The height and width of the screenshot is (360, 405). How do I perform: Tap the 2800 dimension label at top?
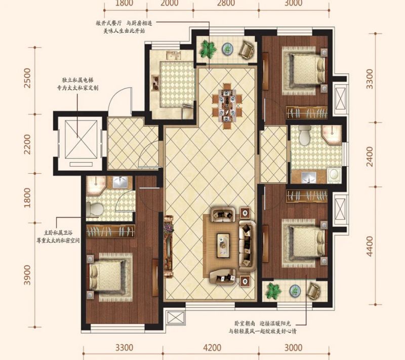tap(226, 3)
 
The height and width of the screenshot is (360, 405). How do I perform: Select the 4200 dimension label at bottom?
tap(212, 348)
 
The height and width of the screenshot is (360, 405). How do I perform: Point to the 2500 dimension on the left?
tap(27, 78)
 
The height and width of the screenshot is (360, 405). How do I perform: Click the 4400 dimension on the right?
tap(370, 246)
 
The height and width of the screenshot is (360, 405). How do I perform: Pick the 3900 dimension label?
tap(27, 275)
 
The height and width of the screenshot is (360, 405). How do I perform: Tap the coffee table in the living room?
tap(223, 246)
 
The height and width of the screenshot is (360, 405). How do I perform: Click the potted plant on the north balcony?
tap(208, 49)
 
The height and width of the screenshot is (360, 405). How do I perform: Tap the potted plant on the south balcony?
tap(273, 291)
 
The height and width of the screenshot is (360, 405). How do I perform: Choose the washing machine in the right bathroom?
tap(335, 175)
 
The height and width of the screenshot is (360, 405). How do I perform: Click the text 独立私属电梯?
tap(77, 80)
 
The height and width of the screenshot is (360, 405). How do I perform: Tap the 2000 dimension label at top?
tap(169, 3)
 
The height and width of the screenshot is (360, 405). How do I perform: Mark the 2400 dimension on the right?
tap(370, 156)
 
